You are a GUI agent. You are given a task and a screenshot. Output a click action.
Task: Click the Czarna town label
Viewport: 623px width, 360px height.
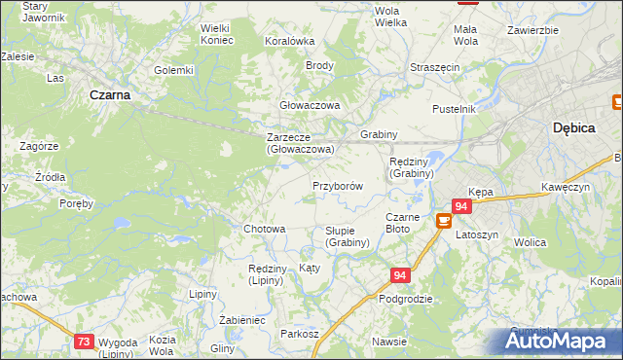point(110,95)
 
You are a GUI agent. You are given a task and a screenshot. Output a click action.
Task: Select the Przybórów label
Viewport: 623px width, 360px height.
point(338,186)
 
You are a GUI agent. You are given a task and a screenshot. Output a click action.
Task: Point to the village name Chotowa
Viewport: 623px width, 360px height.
point(264,230)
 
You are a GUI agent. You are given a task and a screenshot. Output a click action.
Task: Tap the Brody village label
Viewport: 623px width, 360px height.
point(320,66)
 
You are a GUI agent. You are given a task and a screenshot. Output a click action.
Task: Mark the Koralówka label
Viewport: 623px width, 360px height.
point(290,41)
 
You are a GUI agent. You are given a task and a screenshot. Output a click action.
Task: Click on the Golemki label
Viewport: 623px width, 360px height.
point(174,70)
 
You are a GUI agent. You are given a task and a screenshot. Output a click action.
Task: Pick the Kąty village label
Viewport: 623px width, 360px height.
point(310,268)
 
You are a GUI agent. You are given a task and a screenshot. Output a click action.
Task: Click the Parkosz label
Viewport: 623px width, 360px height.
point(300,334)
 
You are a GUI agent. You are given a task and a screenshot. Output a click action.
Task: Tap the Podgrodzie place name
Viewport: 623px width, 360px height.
point(406,300)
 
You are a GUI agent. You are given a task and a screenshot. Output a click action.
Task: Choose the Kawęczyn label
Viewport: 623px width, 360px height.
point(567,187)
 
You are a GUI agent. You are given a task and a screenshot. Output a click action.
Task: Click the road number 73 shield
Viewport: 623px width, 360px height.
point(85,341)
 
